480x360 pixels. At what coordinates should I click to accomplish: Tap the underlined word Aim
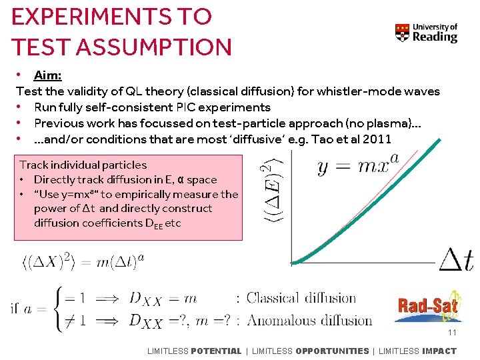click(47, 75)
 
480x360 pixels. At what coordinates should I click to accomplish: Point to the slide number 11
click(452, 333)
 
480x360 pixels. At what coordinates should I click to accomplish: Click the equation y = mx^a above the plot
click(358, 165)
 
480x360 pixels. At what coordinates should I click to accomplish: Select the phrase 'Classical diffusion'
click(301, 298)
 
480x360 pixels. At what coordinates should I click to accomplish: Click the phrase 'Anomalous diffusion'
click(309, 321)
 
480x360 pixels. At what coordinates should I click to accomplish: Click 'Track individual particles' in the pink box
click(83, 165)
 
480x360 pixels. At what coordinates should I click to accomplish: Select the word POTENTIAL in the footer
click(216, 351)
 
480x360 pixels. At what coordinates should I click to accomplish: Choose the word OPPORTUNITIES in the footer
click(331, 351)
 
